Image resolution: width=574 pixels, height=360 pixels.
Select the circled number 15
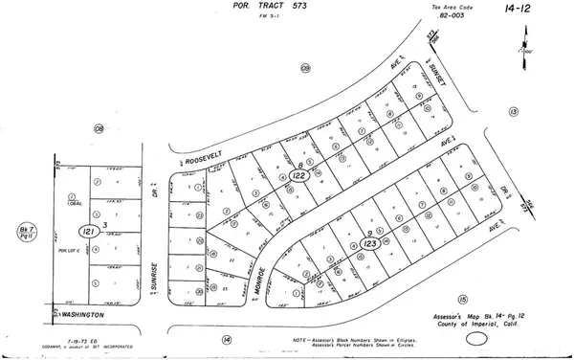[x=462, y=299]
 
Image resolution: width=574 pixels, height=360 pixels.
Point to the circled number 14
[x=226, y=339]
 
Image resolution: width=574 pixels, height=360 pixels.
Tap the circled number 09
[x=306, y=68]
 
